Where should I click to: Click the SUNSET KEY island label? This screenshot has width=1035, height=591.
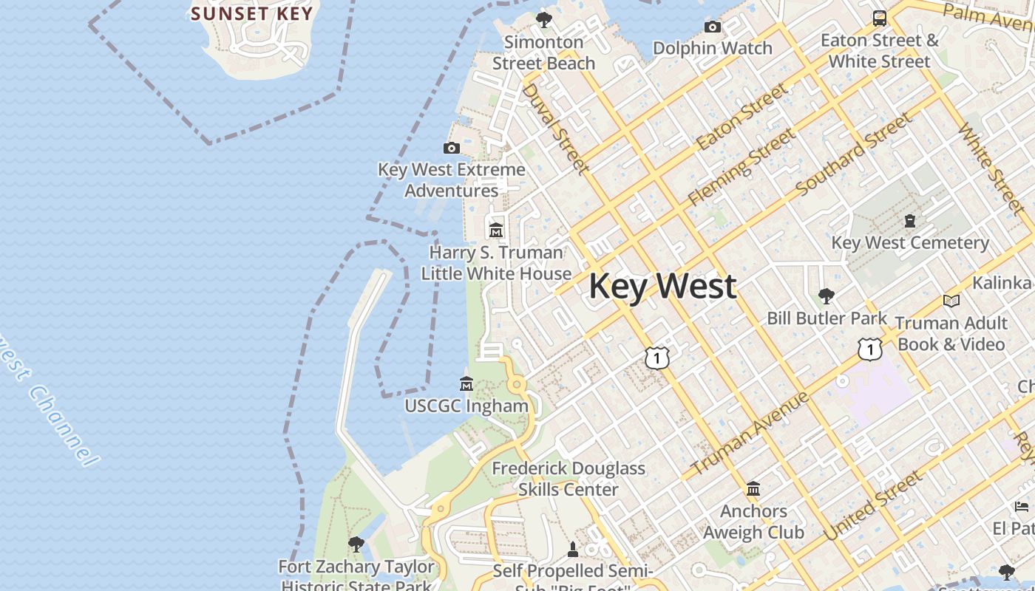coord(252,13)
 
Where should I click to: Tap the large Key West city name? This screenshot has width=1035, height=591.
coord(662,287)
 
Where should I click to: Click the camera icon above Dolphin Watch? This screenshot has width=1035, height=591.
coord(713,27)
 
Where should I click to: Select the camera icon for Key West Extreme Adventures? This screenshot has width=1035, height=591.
coord(451,148)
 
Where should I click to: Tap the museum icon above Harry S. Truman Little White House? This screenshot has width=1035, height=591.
coord(496,230)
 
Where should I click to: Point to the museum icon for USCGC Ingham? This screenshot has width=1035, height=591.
coord(466,384)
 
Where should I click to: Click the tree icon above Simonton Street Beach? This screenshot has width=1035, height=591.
coord(544,19)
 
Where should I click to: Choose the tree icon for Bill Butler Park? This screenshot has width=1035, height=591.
coord(827,296)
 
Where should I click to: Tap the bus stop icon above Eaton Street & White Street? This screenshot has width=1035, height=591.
coord(880,18)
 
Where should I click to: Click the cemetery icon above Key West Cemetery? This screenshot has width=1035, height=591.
coord(910,221)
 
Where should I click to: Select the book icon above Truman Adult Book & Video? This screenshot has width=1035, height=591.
coord(951,301)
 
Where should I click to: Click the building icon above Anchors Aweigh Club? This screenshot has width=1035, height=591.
coord(753,489)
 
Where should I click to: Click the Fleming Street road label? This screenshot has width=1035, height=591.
coord(742,167)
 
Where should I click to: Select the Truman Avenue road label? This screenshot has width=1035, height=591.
coord(749,434)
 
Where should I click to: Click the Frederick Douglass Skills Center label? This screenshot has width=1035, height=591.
coord(568,479)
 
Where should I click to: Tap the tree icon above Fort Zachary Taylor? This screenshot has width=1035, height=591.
coord(356,544)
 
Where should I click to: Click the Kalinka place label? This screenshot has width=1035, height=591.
coord(1002,283)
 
